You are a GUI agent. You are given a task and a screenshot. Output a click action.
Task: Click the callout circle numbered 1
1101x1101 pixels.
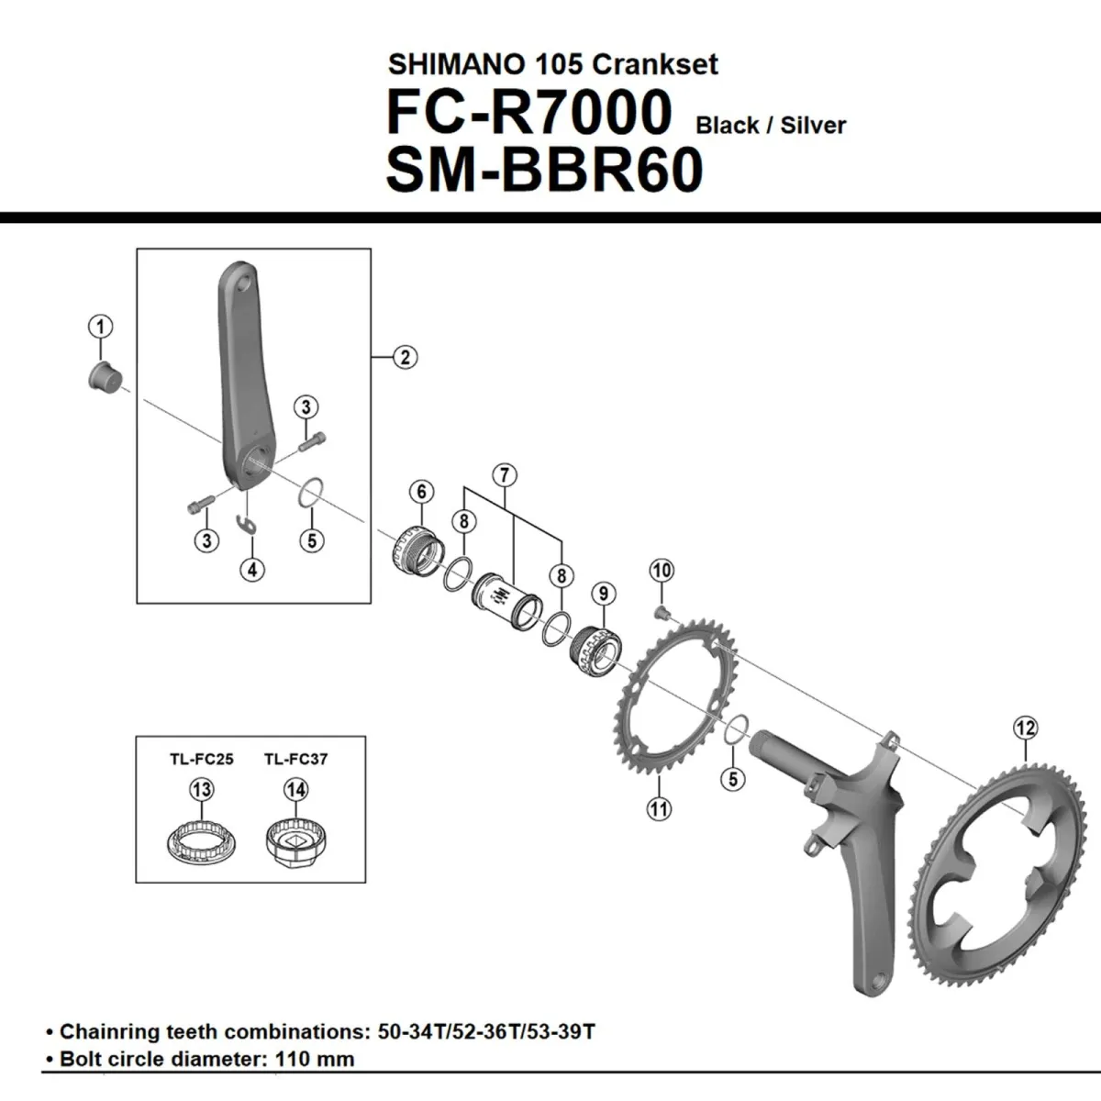(101, 327)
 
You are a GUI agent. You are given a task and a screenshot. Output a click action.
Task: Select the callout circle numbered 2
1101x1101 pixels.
(405, 357)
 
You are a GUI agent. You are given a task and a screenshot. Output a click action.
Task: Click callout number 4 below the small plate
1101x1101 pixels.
(252, 569)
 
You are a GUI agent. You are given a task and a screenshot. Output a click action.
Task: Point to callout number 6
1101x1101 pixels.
(421, 492)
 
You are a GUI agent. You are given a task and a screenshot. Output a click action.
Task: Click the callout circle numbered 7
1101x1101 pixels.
(504, 475)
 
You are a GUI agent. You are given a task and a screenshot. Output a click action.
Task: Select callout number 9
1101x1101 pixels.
(603, 594)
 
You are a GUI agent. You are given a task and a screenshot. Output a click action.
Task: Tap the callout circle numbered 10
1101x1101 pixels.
(662, 570)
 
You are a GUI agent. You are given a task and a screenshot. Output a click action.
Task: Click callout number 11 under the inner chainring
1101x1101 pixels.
(659, 808)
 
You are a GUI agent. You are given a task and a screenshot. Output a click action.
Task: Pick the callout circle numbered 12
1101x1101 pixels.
(1025, 728)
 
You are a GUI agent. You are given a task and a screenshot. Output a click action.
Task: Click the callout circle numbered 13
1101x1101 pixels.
(200, 789)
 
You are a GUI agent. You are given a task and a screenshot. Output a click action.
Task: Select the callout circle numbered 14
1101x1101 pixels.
(295, 789)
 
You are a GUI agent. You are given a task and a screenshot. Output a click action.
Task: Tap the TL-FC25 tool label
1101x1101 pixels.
(201, 759)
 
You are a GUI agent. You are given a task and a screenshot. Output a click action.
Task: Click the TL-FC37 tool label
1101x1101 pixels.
(295, 759)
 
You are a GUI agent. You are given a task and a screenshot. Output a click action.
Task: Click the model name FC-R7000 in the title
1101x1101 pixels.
(529, 113)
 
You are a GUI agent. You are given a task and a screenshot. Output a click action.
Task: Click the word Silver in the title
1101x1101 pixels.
(812, 126)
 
